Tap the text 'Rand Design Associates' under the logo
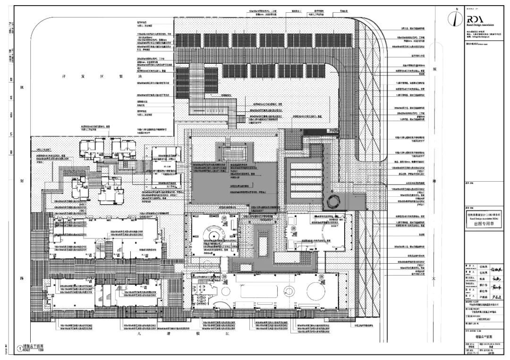coord(480,25)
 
